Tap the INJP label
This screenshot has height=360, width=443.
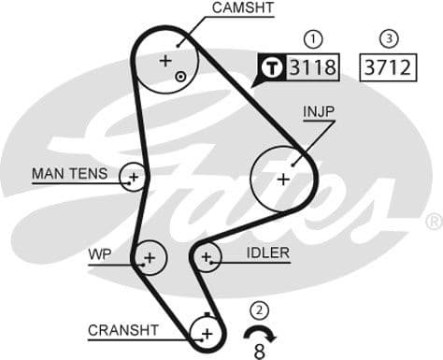[x=319, y=112]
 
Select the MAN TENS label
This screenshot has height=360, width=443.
[x=70, y=174]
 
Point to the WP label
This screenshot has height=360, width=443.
[x=100, y=253]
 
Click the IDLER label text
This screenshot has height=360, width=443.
[x=267, y=253]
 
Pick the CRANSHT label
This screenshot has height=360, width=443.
[x=122, y=330]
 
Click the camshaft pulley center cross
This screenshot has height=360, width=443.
[x=165, y=61]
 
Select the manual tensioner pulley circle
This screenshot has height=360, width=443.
[x=134, y=176]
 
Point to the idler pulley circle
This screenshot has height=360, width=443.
[x=207, y=254]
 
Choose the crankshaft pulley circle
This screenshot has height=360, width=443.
[x=206, y=332]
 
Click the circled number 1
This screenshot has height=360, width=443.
[x=314, y=38]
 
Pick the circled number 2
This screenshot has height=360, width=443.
[x=260, y=310]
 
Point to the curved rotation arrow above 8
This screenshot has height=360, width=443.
[x=260, y=332]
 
